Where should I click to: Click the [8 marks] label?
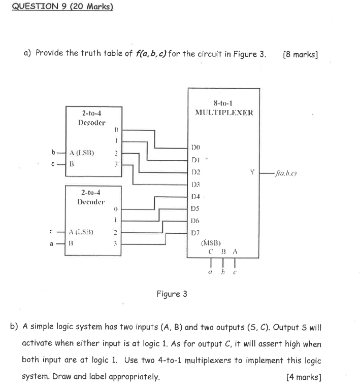tap(300, 54)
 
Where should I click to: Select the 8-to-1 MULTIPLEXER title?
tap(223, 108)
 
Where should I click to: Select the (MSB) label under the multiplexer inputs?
tap(211, 243)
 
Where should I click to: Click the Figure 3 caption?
tap(172, 294)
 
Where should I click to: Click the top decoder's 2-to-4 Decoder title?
tap(92, 118)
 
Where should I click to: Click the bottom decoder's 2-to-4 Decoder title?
tap(92, 197)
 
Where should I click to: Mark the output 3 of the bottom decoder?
tap(116, 243)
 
